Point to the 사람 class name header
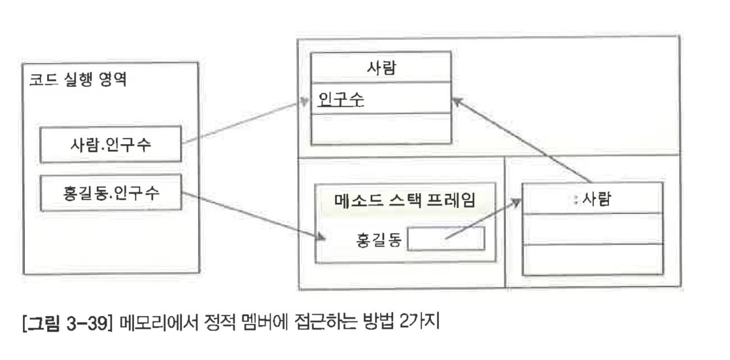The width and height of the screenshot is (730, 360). click(x=381, y=70)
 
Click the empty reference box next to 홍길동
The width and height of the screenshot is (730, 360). click(x=446, y=239)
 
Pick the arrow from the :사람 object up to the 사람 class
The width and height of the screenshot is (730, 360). click(x=523, y=141)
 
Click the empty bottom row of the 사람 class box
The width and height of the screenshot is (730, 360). click(x=381, y=129)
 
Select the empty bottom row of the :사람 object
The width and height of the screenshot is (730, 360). click(x=591, y=259)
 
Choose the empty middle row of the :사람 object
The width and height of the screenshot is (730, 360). click(x=591, y=228)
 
